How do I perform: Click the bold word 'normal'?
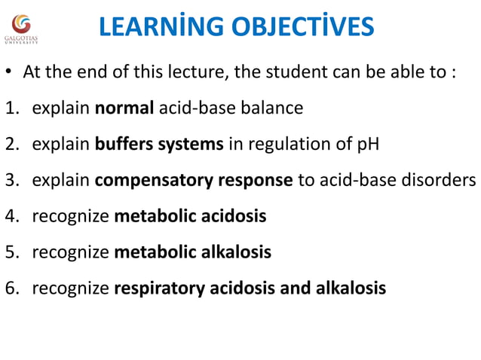pos(124,108)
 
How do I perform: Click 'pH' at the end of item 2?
pos(369,144)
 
